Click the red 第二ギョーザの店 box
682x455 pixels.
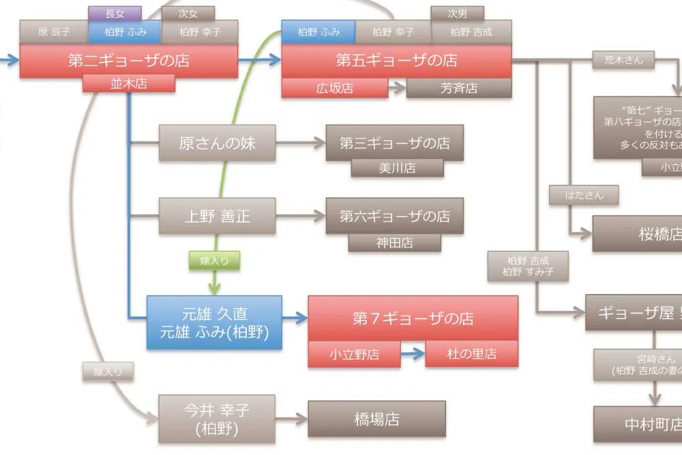point(129,61)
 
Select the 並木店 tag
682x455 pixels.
point(129,84)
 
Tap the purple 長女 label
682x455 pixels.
point(115,13)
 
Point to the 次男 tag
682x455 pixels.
point(457,13)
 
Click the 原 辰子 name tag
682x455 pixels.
point(54,31)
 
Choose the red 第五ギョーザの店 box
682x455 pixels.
point(396,61)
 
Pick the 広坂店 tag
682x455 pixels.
point(334,88)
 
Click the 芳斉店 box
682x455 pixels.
point(459,88)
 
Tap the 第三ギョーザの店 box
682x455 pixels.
point(395,143)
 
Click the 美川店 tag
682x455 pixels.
point(397,168)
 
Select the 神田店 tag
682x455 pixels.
point(395,242)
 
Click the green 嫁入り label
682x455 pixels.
point(214,260)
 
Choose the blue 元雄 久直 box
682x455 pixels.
point(214,323)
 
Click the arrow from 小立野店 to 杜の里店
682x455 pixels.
point(413,354)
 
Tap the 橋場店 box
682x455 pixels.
point(376,419)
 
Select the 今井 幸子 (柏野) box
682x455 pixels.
point(217,419)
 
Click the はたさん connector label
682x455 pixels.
point(584,195)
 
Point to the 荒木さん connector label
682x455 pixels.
point(623,60)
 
